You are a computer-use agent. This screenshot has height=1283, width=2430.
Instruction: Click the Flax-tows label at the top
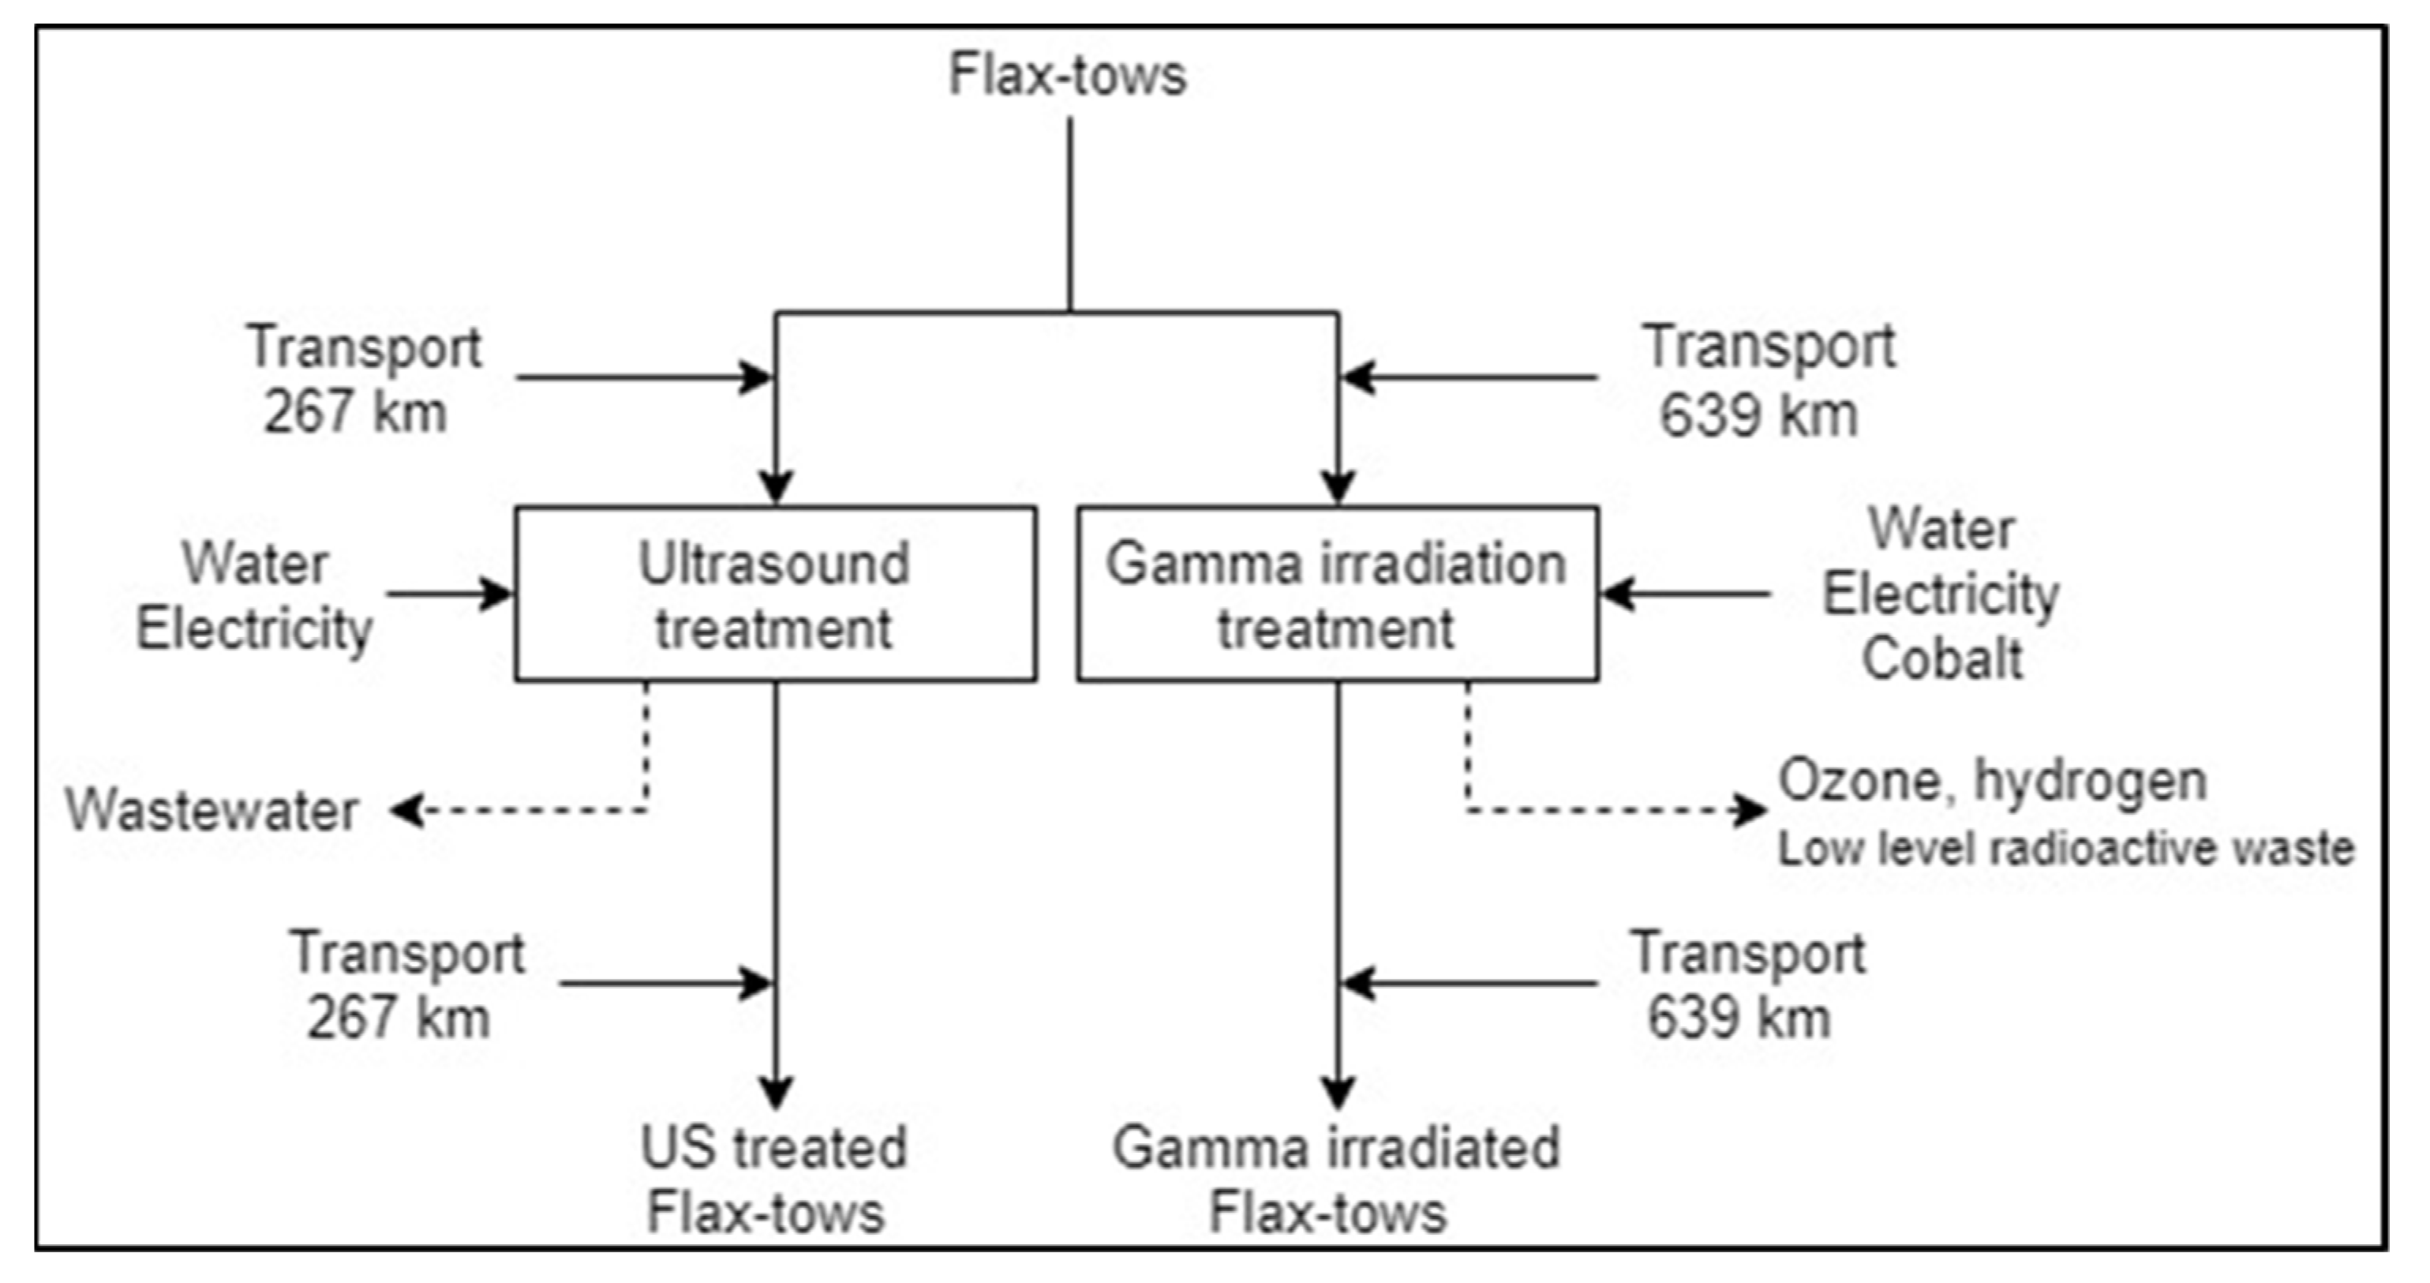click(x=1066, y=76)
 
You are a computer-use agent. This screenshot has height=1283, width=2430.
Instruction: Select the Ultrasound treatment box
click(x=776, y=595)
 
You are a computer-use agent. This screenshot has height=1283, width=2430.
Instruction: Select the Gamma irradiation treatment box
click(x=1337, y=595)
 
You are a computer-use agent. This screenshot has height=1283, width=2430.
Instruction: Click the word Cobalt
click(x=1941, y=658)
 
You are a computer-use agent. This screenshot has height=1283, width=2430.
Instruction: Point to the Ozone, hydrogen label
click(x=1992, y=781)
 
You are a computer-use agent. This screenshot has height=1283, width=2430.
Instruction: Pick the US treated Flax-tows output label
click(x=772, y=1180)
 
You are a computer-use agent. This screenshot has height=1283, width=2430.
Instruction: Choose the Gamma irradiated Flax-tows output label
click(x=1335, y=1180)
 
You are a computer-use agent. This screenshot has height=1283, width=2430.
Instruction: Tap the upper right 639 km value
click(x=1758, y=415)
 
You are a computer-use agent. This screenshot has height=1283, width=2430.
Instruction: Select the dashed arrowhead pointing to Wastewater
click(x=406, y=810)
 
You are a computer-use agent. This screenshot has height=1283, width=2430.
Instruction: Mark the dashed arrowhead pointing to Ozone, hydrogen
click(x=1753, y=810)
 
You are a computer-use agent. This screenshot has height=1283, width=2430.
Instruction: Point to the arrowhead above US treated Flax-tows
click(x=776, y=1093)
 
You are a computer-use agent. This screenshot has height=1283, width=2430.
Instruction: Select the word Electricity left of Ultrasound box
click(x=255, y=629)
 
